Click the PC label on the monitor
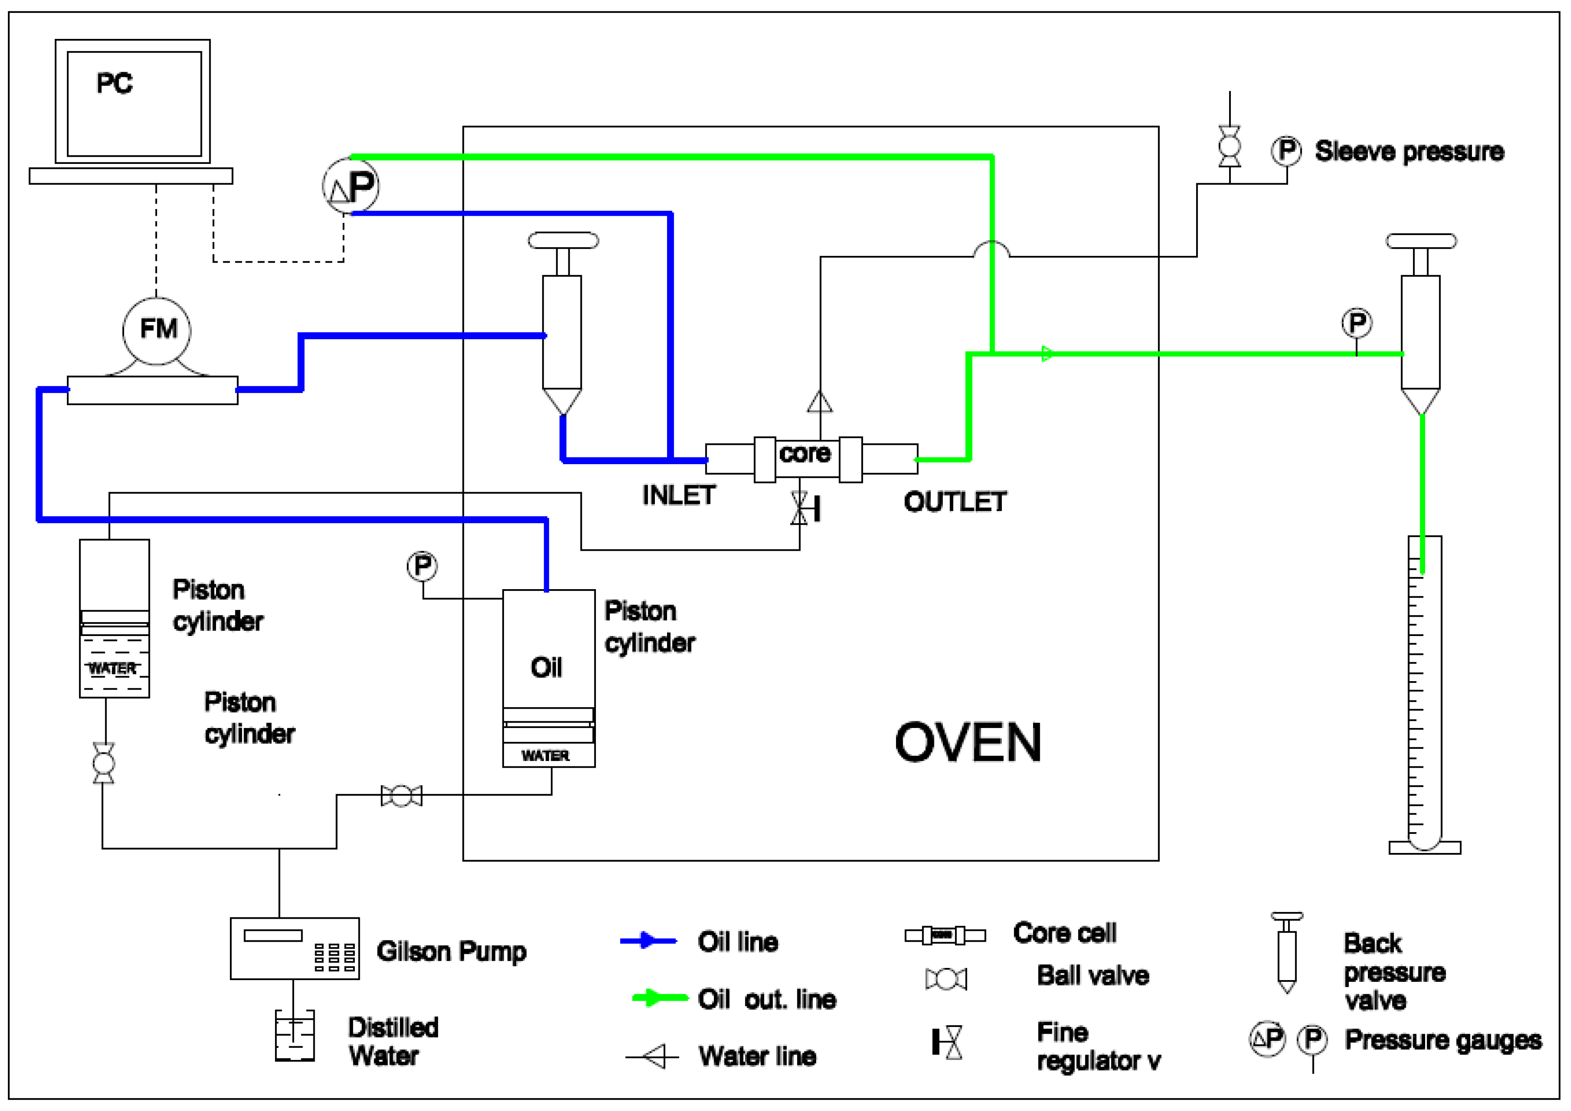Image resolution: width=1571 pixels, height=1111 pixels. point(114,84)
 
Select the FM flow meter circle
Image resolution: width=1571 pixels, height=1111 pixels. point(157,330)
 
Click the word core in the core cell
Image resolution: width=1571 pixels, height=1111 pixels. point(805,453)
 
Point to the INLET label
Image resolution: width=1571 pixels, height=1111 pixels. point(678,495)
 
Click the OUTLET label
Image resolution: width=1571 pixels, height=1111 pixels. point(955,502)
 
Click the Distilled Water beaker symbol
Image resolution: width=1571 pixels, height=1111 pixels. point(294,1036)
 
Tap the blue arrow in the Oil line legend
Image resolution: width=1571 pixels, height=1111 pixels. point(648,941)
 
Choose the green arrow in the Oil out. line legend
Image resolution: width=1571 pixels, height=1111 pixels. point(659,998)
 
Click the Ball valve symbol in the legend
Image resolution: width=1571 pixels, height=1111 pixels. point(946,979)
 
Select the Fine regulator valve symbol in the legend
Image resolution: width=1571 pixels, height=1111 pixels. point(948,1042)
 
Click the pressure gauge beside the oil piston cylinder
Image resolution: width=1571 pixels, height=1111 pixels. point(422,566)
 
